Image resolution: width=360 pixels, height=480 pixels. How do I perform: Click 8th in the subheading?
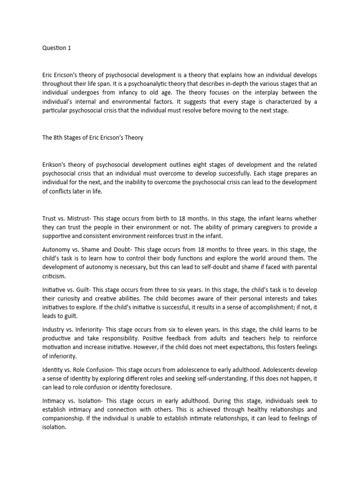coord(65,138)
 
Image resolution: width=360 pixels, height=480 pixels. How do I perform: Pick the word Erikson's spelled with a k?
coord(57,165)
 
